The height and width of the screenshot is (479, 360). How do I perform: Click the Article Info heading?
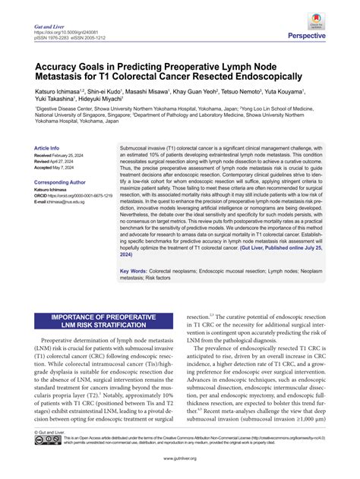(47, 147)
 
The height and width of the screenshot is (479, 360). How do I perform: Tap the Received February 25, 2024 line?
(63, 155)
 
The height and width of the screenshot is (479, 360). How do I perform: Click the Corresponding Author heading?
(60, 182)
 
